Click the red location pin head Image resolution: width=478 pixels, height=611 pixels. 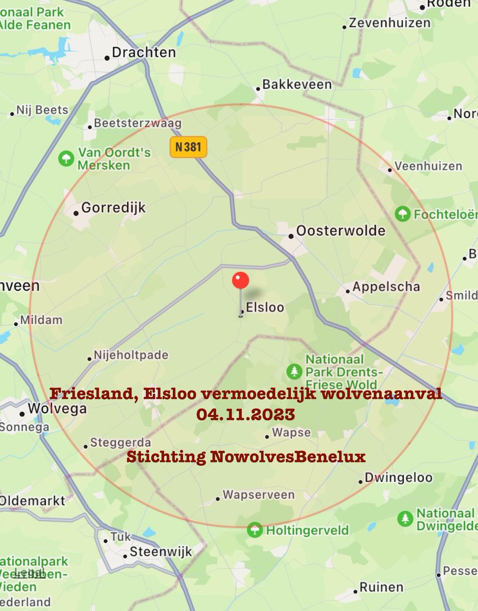(x=241, y=281)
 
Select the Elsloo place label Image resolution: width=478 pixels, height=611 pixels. (x=264, y=308)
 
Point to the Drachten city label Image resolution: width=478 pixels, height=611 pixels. (x=143, y=52)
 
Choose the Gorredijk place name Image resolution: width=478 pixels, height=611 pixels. (x=113, y=208)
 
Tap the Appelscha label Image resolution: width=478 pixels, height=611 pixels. (x=386, y=287)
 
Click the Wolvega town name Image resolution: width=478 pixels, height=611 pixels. (x=57, y=409)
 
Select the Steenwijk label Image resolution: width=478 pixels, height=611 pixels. (x=161, y=551)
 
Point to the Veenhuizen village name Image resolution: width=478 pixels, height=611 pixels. (x=428, y=166)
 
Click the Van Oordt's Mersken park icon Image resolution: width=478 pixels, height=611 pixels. (x=66, y=158)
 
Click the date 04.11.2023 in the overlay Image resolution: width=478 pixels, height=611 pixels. (x=246, y=414)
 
